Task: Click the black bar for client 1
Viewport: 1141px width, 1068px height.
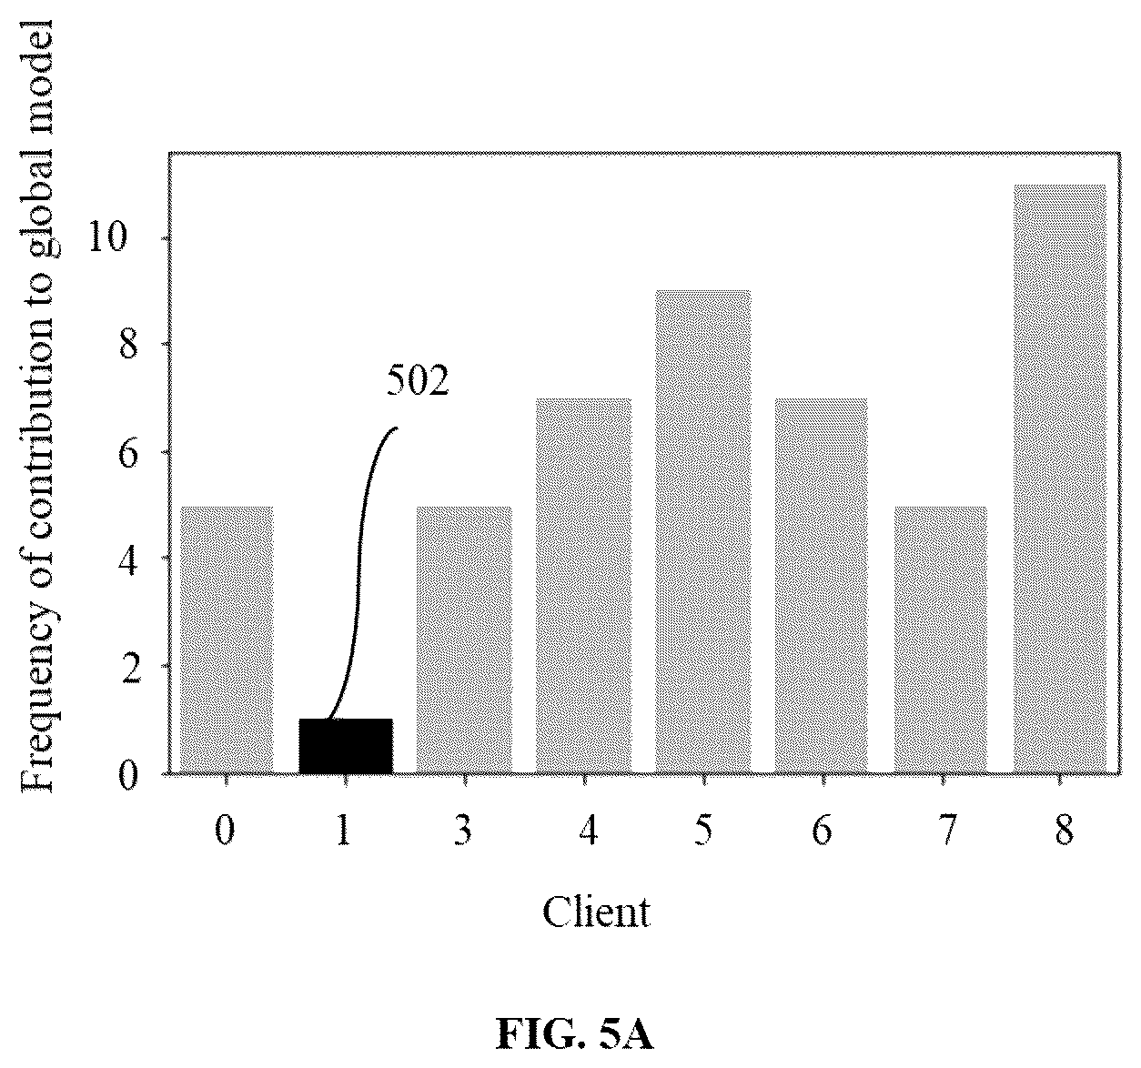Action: point(346,746)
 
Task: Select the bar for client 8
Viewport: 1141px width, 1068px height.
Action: point(1060,479)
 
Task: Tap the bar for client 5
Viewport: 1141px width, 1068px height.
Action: point(703,532)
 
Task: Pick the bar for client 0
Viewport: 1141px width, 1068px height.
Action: point(227,640)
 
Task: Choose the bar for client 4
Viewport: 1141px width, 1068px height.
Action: point(584,586)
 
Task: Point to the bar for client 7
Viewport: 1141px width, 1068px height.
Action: point(941,640)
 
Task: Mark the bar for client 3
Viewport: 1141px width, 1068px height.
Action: point(464,640)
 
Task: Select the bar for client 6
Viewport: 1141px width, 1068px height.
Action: point(822,586)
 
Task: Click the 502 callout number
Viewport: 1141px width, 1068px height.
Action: point(417,381)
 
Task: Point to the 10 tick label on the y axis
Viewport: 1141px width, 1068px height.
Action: point(107,237)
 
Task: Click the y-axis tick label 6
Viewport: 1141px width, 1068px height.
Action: point(129,452)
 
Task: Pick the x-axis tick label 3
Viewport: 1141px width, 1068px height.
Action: point(463,831)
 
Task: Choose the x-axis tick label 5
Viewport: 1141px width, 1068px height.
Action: point(703,831)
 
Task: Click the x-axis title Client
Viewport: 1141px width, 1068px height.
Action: point(596,912)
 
